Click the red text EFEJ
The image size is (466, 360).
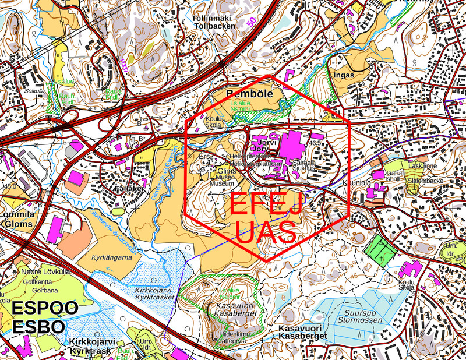[x=266, y=205]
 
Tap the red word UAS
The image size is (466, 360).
[x=266, y=232]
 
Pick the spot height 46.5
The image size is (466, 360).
[x=316, y=143]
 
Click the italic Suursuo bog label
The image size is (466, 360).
[x=354, y=312]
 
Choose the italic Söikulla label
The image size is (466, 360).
[x=35, y=91]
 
